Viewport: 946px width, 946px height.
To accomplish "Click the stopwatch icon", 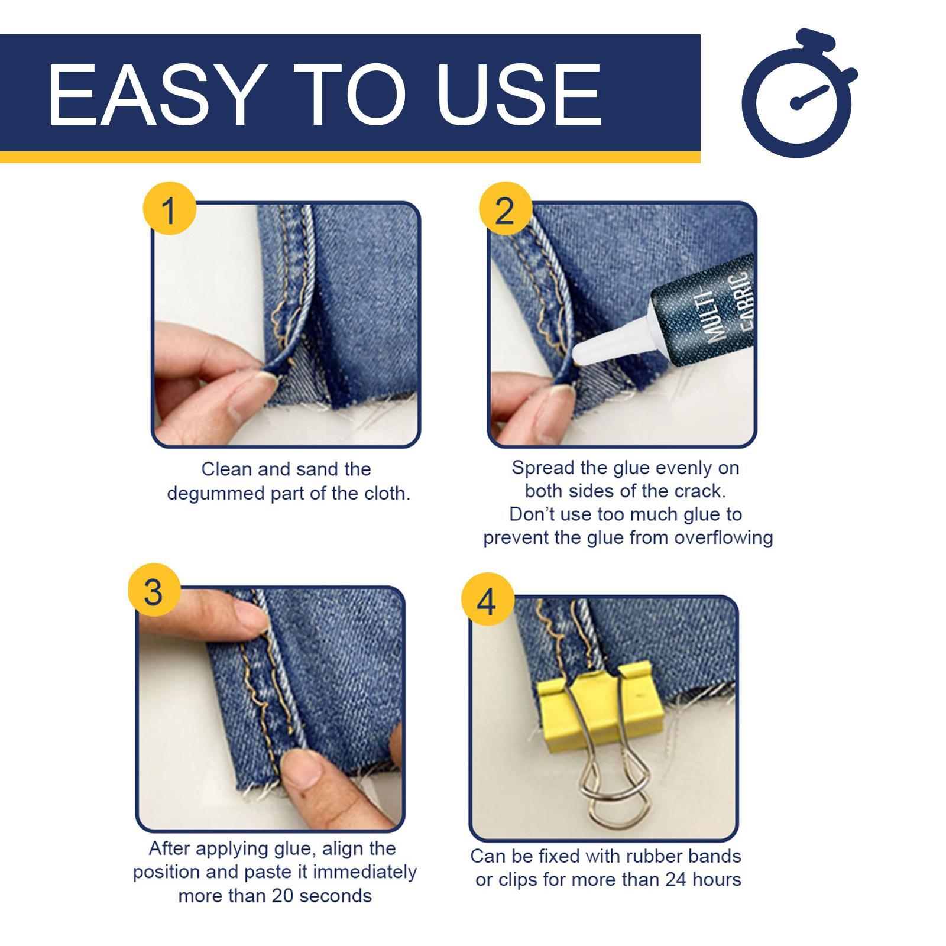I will click(x=798, y=95).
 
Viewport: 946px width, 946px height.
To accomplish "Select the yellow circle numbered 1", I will click(x=169, y=209).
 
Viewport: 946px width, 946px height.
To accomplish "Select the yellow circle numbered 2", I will click(x=504, y=209).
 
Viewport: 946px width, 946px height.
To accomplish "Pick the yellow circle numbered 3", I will click(x=154, y=591).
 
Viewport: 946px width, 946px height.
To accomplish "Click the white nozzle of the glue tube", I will click(x=608, y=346).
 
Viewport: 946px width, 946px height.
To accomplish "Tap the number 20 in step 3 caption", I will click(x=284, y=896).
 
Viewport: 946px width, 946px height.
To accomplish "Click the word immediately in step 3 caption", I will click(x=365, y=872).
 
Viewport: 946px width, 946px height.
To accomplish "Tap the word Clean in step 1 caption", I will click(x=226, y=469).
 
